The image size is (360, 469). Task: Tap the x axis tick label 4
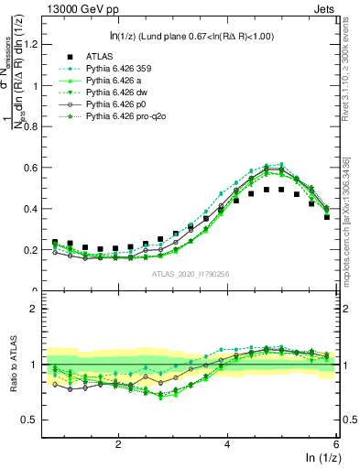(227, 443)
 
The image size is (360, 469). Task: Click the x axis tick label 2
(118, 443)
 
